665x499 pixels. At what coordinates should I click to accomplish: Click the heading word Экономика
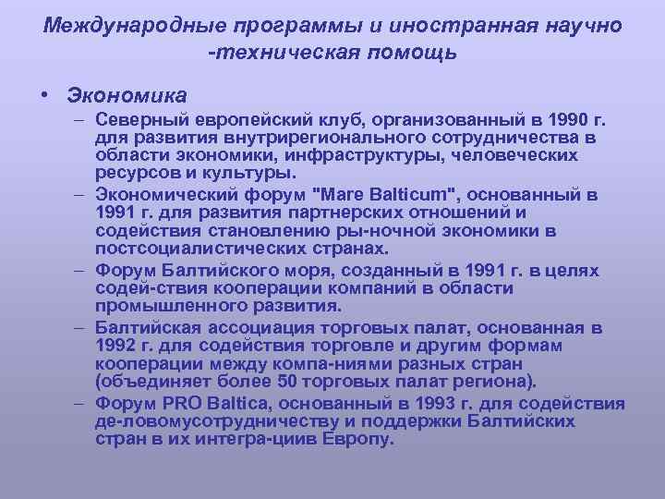click(x=127, y=95)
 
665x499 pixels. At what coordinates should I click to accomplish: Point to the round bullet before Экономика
click(x=44, y=95)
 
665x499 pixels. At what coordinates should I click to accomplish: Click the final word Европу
click(x=357, y=440)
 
